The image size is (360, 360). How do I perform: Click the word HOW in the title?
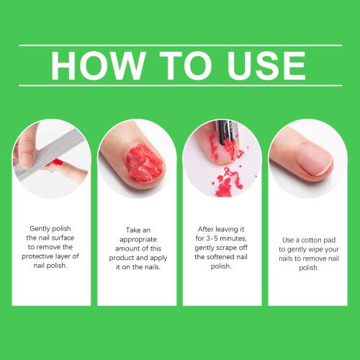pyautogui.click(x=99, y=66)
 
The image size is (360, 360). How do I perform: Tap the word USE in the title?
pyautogui.click(x=266, y=66)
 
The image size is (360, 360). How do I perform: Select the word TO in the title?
pyautogui.click(x=186, y=66)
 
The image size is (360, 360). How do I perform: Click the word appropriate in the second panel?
pyautogui.click(x=138, y=240)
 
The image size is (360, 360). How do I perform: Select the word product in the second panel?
pyautogui.click(x=122, y=258)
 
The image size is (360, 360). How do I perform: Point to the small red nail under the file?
pyautogui.click(x=58, y=163)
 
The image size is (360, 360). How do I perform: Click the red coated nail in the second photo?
pyautogui.click(x=145, y=163)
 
